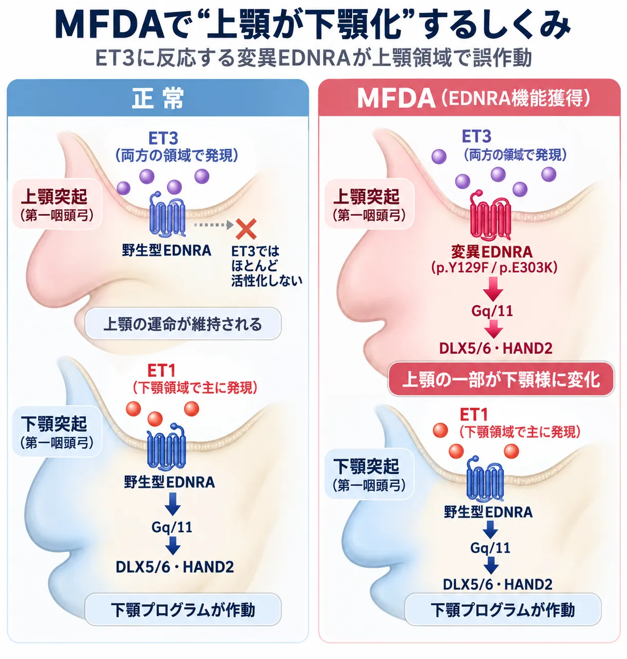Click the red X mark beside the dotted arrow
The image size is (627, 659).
click(x=246, y=229)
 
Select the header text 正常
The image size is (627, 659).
click(x=158, y=98)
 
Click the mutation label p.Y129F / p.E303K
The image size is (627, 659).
click(x=494, y=268)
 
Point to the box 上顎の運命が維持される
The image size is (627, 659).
click(x=183, y=324)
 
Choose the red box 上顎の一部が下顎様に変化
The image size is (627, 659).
click(x=501, y=379)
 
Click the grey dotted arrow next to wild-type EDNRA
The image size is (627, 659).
click(x=214, y=225)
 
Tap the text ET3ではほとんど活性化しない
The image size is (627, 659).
click(x=266, y=266)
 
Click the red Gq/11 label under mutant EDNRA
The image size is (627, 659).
click(x=492, y=311)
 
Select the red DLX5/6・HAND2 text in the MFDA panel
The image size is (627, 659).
click(x=496, y=348)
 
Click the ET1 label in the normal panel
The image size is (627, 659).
click(x=161, y=370)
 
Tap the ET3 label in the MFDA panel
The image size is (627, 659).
click(x=476, y=136)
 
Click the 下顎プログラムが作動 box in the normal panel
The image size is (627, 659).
click(x=183, y=609)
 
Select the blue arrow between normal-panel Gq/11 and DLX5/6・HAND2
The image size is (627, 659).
click(x=173, y=546)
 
